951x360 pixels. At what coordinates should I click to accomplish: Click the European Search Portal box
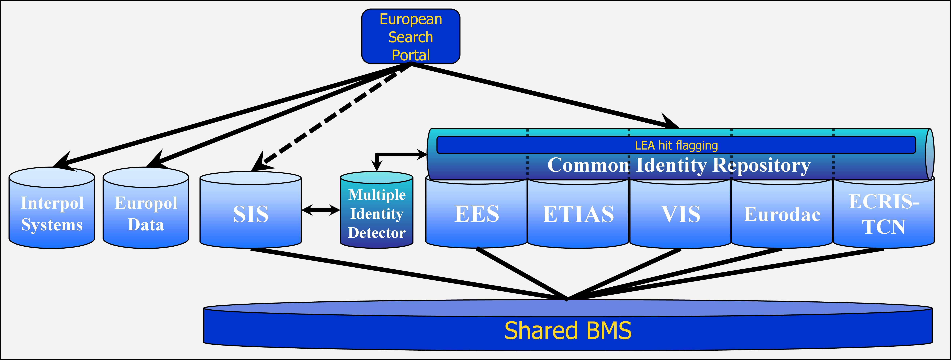click(x=411, y=36)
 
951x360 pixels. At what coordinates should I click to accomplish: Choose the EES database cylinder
click(x=476, y=214)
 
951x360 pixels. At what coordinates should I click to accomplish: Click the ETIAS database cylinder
click(x=578, y=214)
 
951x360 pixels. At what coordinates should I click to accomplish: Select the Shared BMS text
click(x=568, y=331)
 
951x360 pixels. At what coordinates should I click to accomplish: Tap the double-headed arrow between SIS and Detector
click(x=320, y=210)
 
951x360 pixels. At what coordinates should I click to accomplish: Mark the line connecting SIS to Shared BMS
click(x=406, y=273)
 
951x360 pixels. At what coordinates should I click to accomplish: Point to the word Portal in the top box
click(x=411, y=55)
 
